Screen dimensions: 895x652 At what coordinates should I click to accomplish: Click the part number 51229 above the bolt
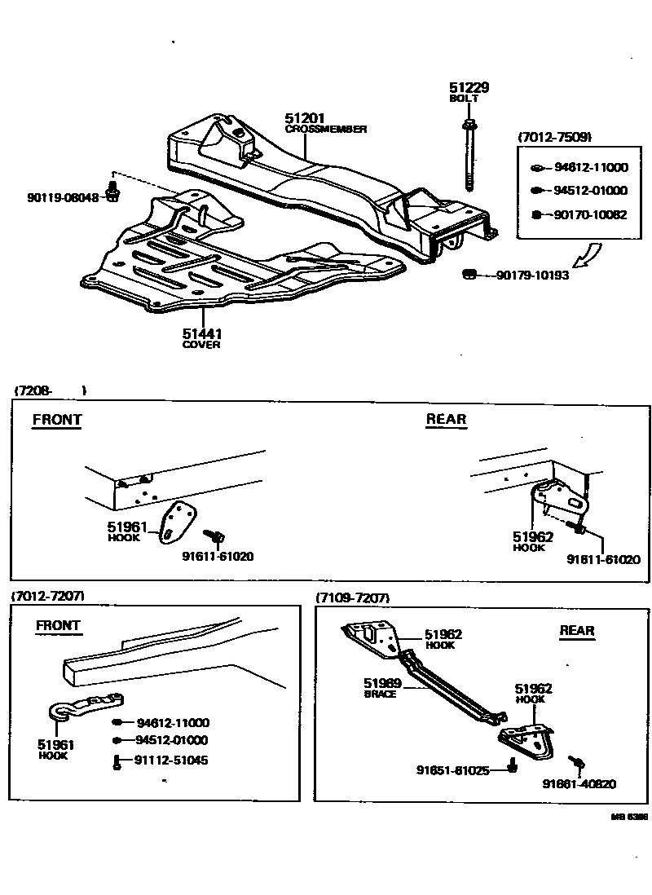pos(469,87)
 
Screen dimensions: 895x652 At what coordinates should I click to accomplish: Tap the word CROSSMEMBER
pos(326,129)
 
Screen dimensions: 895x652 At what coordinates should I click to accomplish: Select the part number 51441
pos(202,333)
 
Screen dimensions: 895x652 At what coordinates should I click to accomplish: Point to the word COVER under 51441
pos(201,345)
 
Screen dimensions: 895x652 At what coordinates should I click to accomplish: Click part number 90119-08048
pos(62,197)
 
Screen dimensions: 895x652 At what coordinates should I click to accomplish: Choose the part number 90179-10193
pos(533,276)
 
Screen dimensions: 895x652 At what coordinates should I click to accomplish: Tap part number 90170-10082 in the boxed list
pos(591,214)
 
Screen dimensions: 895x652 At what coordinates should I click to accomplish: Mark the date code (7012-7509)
pos(555,137)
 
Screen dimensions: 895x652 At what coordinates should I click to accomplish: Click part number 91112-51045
pos(172,761)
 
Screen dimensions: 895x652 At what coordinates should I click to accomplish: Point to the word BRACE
pos(379,694)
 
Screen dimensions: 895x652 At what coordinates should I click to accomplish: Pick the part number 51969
pos(381,683)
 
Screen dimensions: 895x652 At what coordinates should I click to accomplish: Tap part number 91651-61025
pos(452,769)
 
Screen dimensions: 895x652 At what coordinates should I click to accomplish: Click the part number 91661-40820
pos(579,784)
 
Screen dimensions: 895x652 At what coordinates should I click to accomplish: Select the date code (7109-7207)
pos(353,597)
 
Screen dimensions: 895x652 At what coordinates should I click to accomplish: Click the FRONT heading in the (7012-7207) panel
pos(58,625)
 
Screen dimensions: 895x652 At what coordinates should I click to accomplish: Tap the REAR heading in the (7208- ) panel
pos(446,419)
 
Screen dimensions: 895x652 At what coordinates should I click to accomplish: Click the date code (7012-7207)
pos(47,597)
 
